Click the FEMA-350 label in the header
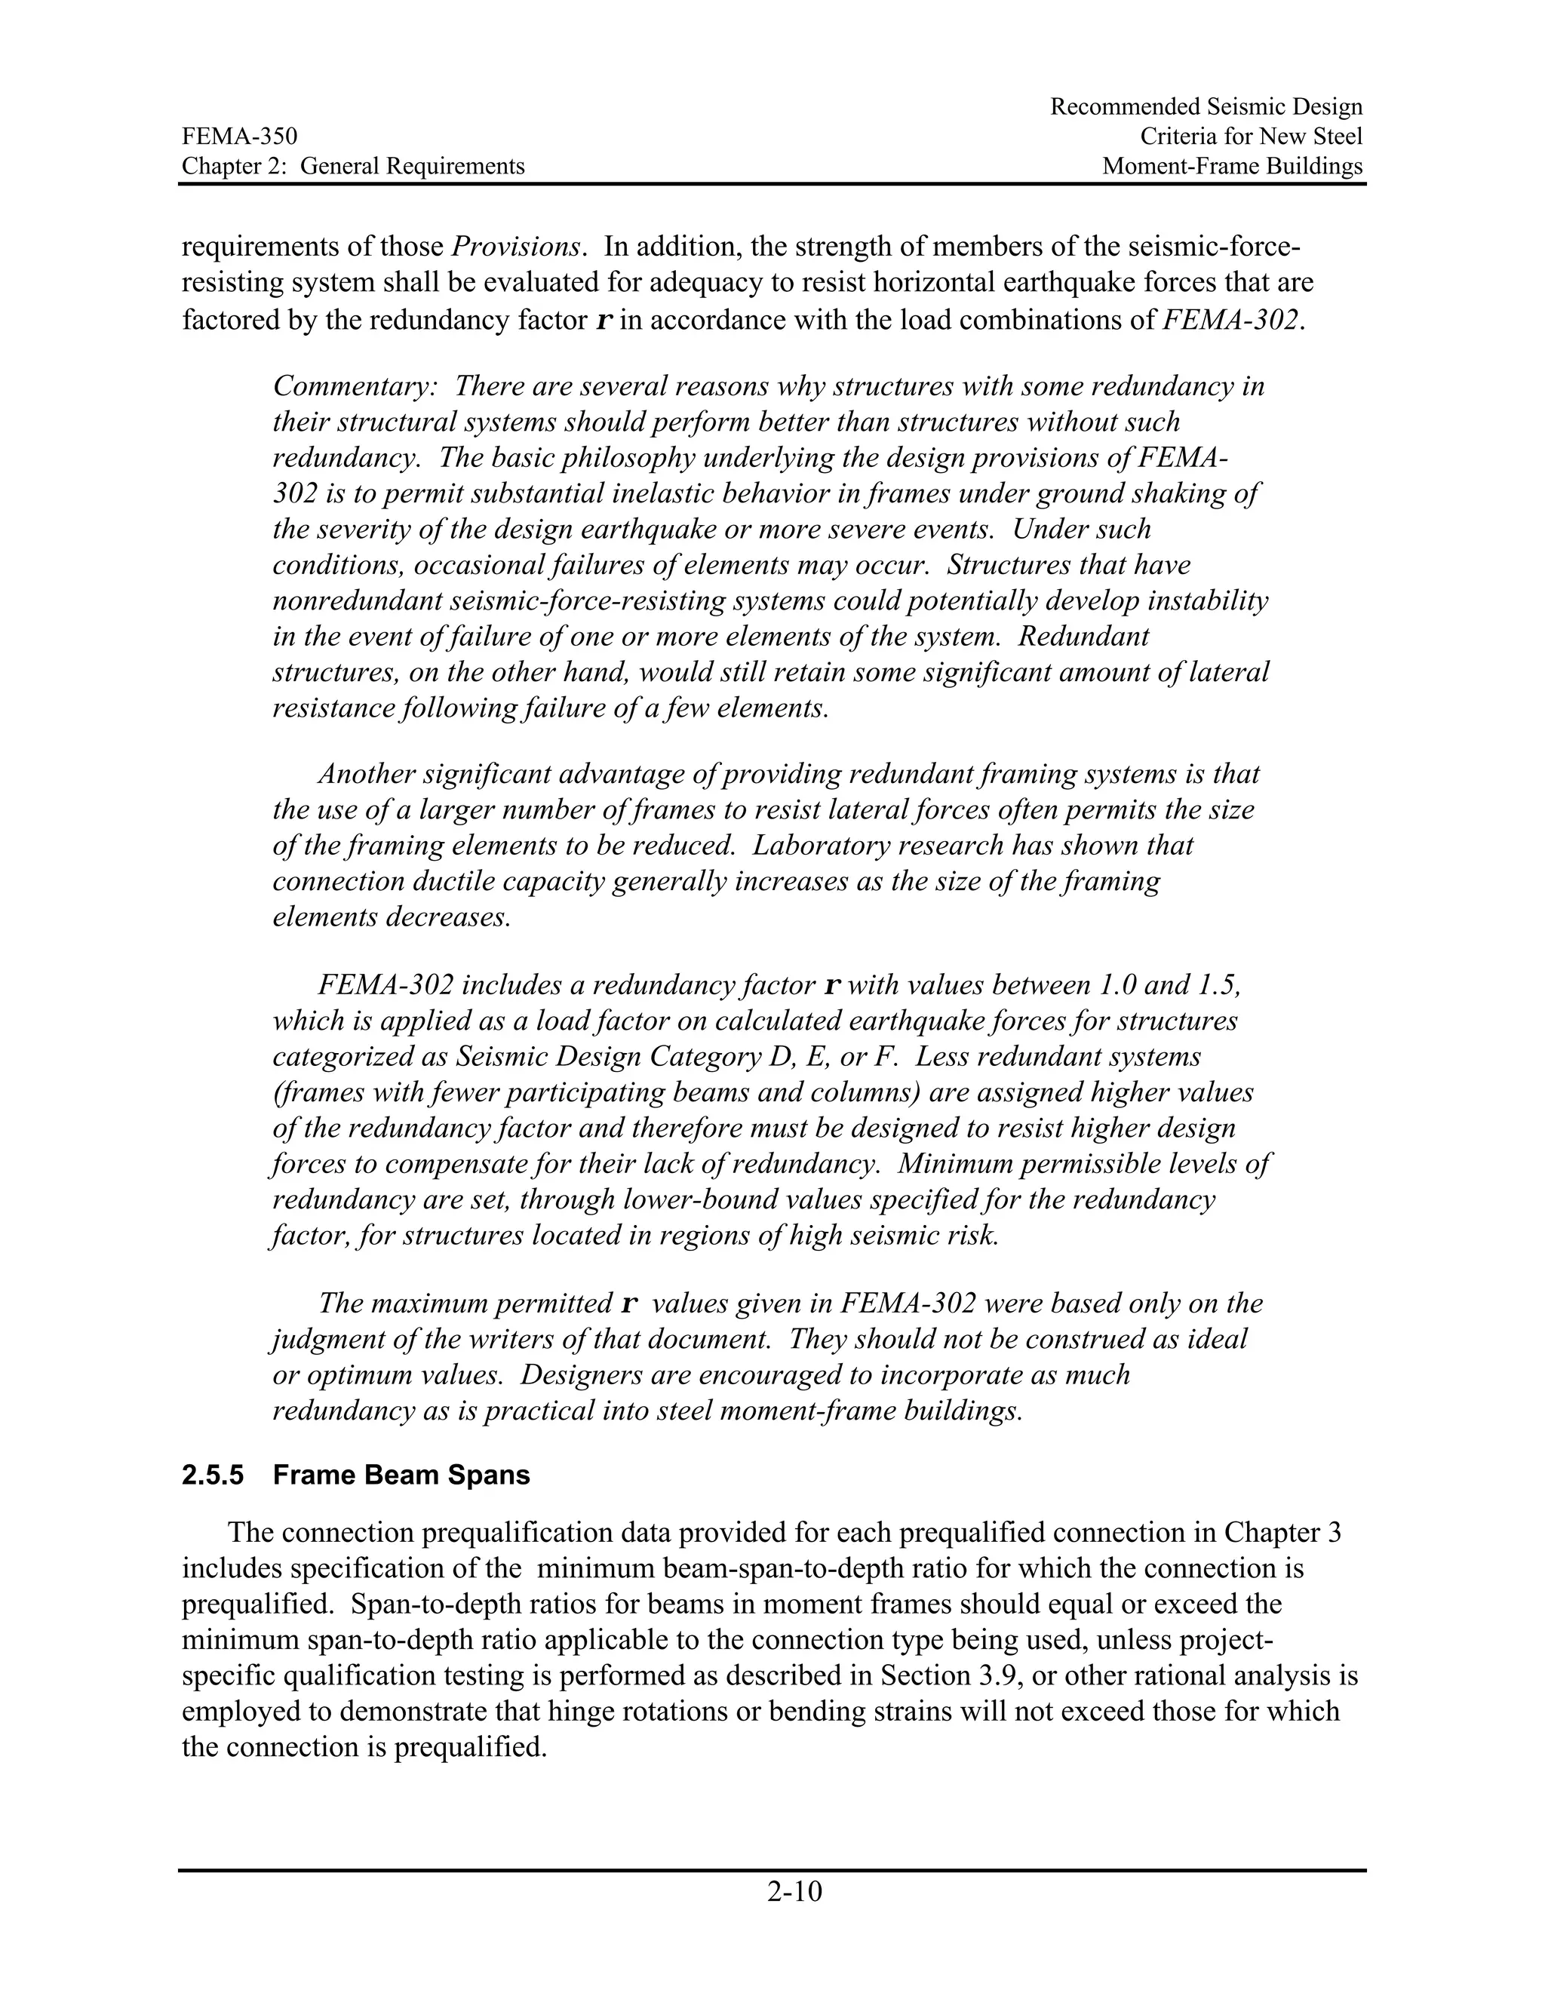[239, 137]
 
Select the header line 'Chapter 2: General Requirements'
[352, 167]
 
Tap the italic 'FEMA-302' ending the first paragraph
[1228, 321]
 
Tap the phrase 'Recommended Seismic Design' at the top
[1206, 108]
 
